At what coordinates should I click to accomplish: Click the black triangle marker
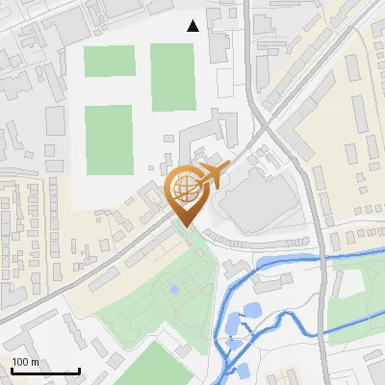[x=193, y=26]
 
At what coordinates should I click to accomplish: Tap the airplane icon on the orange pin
[x=209, y=177]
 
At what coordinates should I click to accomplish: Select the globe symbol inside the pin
[x=186, y=191]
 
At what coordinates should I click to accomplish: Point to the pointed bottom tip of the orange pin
[x=186, y=226]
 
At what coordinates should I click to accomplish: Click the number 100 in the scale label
[x=21, y=362]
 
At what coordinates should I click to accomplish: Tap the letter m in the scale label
[x=36, y=362]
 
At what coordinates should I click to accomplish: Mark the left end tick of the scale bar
[x=12, y=371]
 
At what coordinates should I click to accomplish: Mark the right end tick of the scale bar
[x=79, y=371]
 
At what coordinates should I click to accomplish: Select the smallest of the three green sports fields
[x=109, y=61]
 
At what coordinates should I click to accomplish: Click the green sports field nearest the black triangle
[x=172, y=77]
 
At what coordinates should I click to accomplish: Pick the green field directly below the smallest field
[x=109, y=141]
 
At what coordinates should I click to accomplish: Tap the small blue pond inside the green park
[x=173, y=288]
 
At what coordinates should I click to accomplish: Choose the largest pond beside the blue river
[x=250, y=311]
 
